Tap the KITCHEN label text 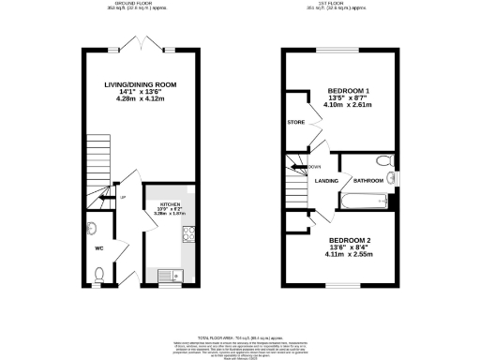click(171, 202)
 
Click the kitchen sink click(171, 275)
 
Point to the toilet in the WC click(99, 274)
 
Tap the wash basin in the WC click(91, 228)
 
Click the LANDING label click(326, 180)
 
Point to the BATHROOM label click(367, 180)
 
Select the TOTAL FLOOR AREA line click(240, 334)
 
